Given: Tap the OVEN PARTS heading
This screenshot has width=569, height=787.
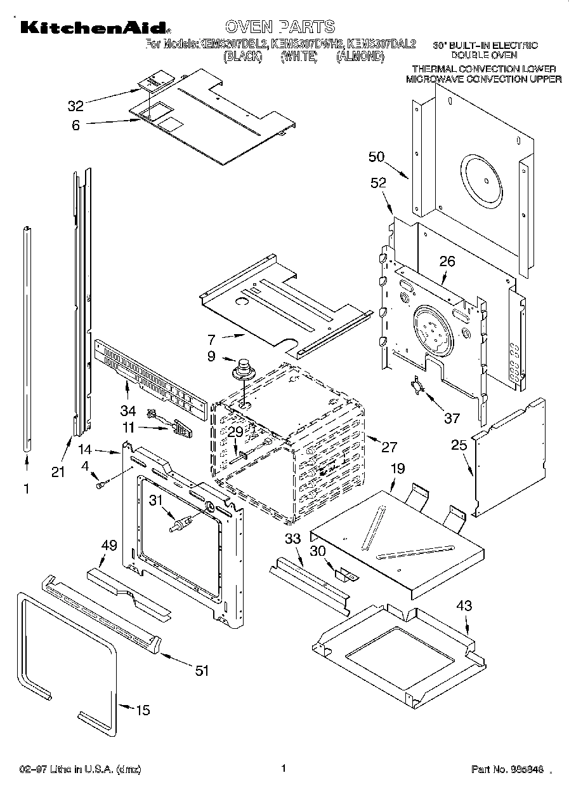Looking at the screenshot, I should point(279,27).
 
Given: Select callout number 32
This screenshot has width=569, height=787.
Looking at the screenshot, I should point(75,105).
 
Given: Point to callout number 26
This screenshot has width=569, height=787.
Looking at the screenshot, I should point(447,260).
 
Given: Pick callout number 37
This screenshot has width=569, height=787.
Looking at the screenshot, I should point(451,417).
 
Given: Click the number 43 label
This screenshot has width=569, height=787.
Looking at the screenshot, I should point(464,606).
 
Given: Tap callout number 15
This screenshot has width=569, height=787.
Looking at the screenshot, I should point(143,710).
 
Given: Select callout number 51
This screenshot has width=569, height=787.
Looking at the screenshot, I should point(202,670).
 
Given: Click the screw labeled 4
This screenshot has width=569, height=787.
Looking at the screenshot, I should point(100,485).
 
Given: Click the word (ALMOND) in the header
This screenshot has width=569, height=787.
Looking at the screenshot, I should point(360,57).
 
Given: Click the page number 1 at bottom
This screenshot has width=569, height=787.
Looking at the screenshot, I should point(284,768).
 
